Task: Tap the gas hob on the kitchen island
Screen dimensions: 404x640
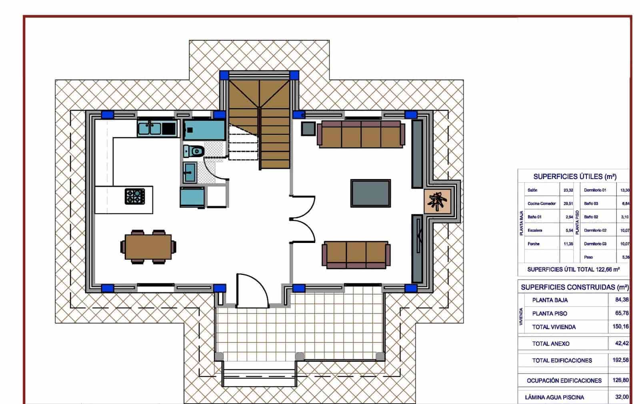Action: (135, 196)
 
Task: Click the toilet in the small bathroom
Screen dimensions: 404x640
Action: (194, 151)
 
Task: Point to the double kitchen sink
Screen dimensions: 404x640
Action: (150, 128)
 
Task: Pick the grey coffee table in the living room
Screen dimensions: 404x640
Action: (370, 193)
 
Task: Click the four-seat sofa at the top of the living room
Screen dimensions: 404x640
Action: (361, 135)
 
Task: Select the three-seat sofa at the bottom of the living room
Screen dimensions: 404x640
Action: (356, 255)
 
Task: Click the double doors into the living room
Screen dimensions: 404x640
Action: (303, 219)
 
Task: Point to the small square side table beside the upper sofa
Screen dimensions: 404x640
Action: (308, 128)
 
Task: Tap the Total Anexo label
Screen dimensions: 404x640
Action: (550, 343)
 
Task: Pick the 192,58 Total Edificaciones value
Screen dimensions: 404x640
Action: (620, 360)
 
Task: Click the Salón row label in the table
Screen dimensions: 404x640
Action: (532, 190)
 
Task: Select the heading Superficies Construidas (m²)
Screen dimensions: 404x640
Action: (574, 287)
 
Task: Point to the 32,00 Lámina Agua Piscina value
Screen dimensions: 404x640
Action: (622, 397)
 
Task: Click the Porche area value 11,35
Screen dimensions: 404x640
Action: (568, 244)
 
